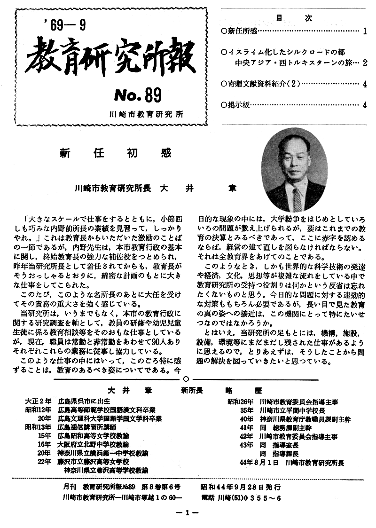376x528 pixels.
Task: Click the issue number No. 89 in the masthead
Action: [138, 96]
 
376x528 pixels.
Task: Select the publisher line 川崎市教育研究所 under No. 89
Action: [149, 114]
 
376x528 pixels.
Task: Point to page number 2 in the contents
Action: [365, 63]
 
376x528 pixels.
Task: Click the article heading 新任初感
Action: [116, 153]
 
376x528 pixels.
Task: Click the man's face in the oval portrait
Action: [294, 162]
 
